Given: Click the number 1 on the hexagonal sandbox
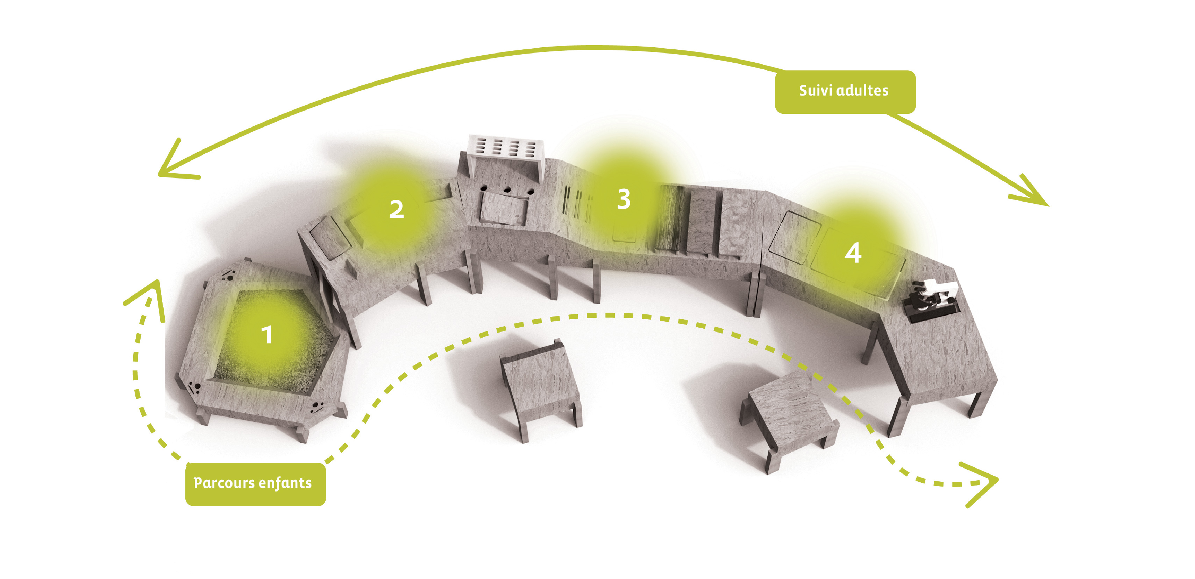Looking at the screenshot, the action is pos(267,335).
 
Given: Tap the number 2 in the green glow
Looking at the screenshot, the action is pos(396,209).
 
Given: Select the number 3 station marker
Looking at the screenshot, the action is pos(624,199).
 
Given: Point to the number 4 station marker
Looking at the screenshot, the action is pos(853,253).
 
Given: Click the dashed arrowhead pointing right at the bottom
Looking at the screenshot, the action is pos(981,483).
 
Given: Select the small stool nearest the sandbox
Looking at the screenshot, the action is pos(540,388).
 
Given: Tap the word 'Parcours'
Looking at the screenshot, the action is pos(224,483).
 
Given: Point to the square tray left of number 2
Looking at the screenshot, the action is pos(330,238).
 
